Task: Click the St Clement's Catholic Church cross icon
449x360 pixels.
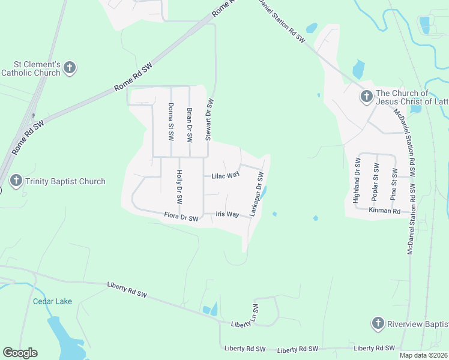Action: [70, 67]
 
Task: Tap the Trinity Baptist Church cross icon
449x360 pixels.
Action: [16, 181]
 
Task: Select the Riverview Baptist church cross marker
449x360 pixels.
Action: [378, 324]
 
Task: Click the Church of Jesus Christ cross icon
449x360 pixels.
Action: [366, 96]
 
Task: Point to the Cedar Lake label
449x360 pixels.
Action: [52, 301]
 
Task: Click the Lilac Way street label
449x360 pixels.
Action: [226, 176]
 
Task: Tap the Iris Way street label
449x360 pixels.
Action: [228, 214]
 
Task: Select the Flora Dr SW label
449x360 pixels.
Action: [181, 217]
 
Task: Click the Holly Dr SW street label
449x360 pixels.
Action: [179, 187]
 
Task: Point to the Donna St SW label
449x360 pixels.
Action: [170, 122]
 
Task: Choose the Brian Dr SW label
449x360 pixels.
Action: [189, 124]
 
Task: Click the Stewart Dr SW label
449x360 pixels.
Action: [209, 120]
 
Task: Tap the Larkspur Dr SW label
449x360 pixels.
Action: [257, 194]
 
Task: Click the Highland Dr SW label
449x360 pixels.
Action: [357, 180]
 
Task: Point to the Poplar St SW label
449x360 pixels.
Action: [376, 181]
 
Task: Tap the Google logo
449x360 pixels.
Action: [20, 353]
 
